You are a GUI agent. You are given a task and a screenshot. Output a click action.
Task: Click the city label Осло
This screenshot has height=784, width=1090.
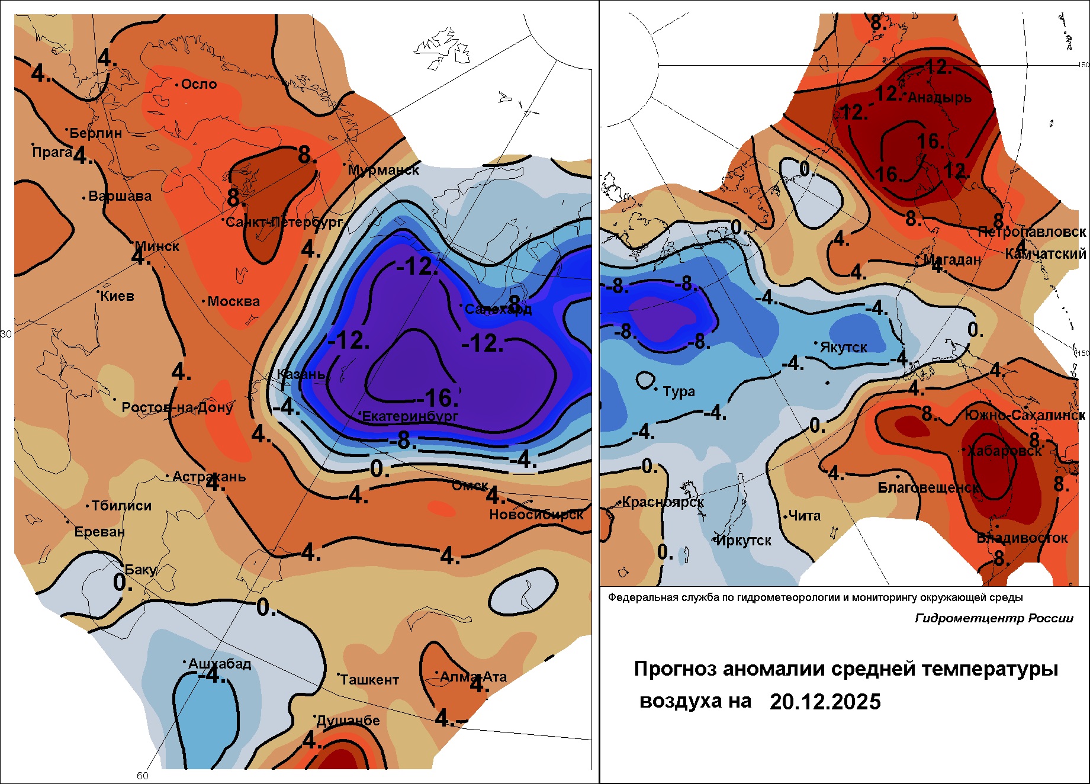199,85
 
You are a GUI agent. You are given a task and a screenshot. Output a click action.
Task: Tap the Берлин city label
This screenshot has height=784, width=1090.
95,133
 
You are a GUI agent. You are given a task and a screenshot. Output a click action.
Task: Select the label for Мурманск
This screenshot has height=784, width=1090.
383,171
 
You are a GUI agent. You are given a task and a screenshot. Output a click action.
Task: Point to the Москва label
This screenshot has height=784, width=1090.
233,302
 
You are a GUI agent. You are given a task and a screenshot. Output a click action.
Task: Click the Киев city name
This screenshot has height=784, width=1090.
117,296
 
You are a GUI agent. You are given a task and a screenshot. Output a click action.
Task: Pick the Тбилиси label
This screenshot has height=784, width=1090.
121,506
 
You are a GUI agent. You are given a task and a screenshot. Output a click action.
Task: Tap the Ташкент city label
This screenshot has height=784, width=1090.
369,680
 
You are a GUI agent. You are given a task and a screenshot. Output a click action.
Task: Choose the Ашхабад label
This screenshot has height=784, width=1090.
220,664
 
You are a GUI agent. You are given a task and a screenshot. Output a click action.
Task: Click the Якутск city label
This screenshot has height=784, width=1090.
843,348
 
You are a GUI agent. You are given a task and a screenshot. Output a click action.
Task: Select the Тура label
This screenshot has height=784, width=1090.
679,391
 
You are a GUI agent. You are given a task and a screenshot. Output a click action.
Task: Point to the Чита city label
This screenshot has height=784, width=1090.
805,516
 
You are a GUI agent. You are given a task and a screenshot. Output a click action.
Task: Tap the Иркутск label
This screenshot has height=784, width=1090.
744,541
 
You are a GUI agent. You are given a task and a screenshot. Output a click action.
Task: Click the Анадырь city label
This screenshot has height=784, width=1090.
940,98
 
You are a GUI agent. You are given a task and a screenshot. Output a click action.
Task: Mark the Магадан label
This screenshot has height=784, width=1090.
953,260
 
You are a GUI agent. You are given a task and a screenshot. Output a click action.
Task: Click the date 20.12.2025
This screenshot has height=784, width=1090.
825,702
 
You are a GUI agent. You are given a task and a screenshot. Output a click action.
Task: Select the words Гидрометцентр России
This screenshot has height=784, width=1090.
994,618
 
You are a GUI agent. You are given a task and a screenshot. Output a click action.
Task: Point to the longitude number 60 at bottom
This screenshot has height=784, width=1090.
143,776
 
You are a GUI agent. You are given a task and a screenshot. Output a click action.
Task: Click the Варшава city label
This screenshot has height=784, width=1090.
120,197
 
